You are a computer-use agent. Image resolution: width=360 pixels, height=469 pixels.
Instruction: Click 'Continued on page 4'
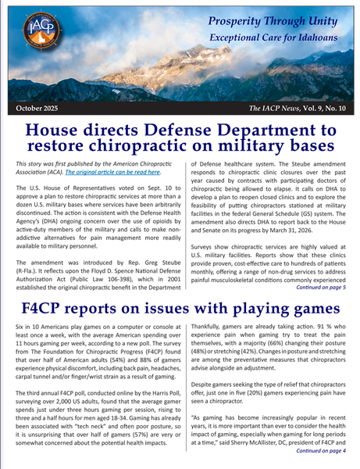coord(319,461)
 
